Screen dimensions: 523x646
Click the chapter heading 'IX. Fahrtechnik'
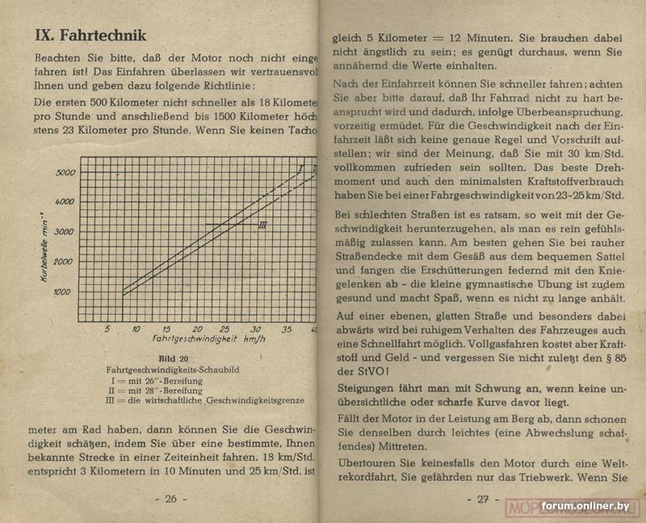[x=90, y=36]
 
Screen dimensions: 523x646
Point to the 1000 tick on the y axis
[x=62, y=292]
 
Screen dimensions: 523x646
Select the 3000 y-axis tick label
[x=64, y=232]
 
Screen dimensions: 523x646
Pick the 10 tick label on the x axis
[x=136, y=329]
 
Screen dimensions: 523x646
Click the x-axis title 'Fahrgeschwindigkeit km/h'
[x=208, y=341]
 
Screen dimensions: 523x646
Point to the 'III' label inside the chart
[x=262, y=225]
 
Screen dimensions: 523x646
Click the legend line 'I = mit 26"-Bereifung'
[x=154, y=380]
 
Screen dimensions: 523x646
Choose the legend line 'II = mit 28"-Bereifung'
[x=154, y=391]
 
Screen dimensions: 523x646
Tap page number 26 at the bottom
[x=170, y=499]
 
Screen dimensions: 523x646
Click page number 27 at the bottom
[x=482, y=499]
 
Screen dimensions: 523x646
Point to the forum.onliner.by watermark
[x=585, y=506]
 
